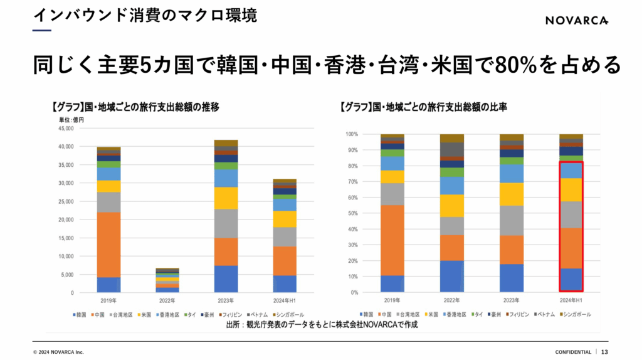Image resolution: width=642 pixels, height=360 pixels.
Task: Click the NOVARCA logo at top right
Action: pyautogui.click(x=576, y=20)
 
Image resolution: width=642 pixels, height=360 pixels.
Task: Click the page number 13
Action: pyautogui.click(x=604, y=352)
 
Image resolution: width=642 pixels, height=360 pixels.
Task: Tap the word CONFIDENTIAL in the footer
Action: pyautogui.click(x=573, y=352)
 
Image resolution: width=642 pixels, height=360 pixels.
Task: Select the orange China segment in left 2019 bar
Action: pyautogui.click(x=108, y=245)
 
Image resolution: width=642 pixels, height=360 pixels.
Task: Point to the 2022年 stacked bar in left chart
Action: pyautogui.click(x=167, y=280)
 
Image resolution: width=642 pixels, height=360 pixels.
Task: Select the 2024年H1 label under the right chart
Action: pyautogui.click(x=571, y=300)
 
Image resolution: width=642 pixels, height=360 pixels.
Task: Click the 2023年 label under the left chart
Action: pyautogui.click(x=226, y=300)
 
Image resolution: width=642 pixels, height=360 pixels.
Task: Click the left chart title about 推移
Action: pyautogui.click(x=135, y=107)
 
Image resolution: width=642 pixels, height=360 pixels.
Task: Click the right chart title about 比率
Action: pyautogui.click(x=423, y=107)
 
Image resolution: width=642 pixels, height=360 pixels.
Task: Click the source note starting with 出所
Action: pyautogui.click(x=321, y=325)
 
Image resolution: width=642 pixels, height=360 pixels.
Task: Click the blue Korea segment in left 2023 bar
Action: pyautogui.click(x=226, y=279)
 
